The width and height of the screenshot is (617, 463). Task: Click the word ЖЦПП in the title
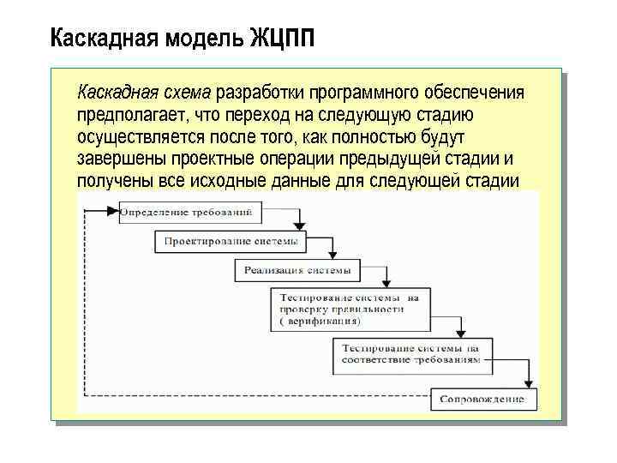click(x=282, y=39)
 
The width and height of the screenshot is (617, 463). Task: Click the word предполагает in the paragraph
click(x=129, y=114)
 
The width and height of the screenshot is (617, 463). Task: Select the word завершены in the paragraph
click(x=120, y=159)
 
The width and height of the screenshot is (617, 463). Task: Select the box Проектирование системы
click(x=231, y=241)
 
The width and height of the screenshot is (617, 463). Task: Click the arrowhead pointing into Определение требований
click(x=113, y=211)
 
